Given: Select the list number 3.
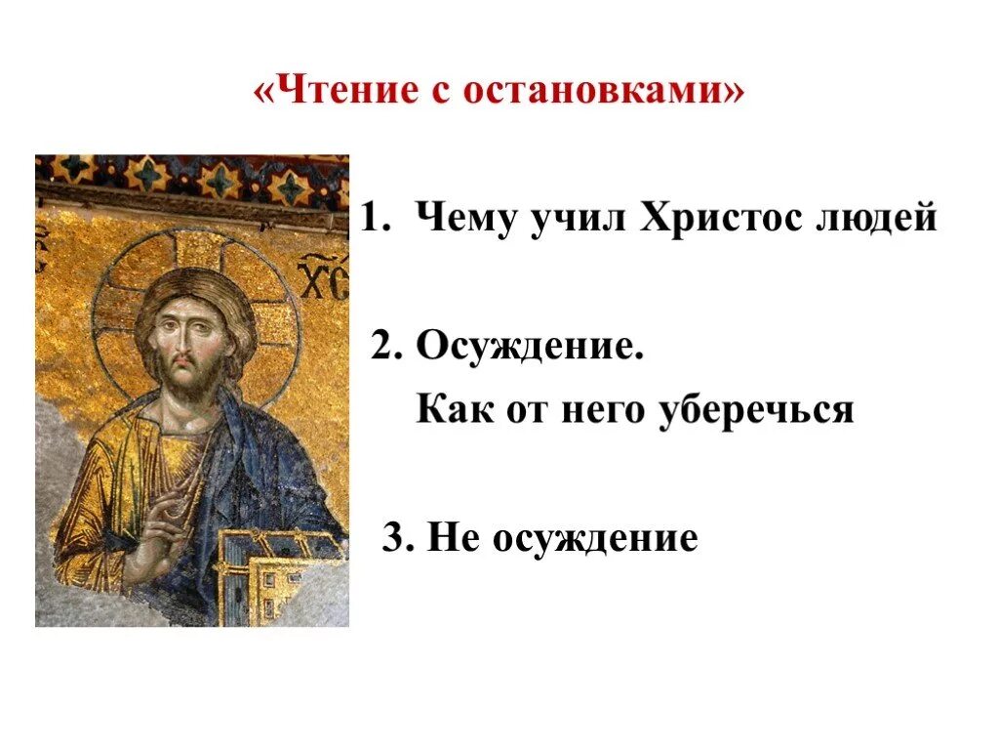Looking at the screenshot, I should point(392,538).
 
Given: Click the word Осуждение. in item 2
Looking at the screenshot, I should point(531,347).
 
